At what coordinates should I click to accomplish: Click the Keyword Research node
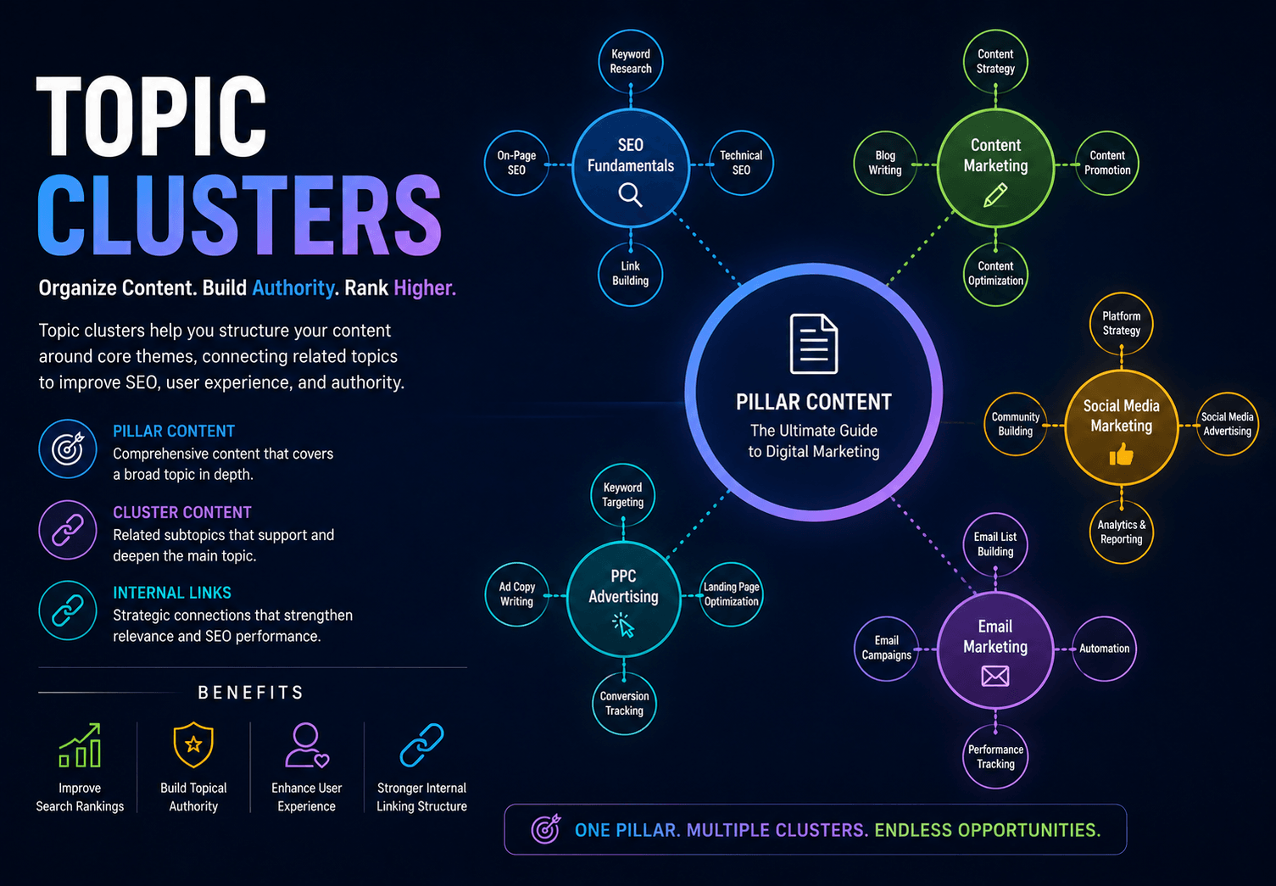[631, 61]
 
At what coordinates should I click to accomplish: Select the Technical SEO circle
[741, 163]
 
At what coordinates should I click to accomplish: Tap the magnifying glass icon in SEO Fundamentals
[631, 195]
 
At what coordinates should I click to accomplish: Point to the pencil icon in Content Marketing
[995, 195]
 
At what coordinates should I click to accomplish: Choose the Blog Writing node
[885, 163]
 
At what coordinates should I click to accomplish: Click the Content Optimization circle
[995, 274]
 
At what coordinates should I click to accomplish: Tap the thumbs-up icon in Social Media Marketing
[1121, 454]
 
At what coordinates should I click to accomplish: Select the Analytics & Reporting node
[1121, 532]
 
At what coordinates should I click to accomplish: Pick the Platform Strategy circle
[1121, 324]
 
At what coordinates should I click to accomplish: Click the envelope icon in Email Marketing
[995, 677]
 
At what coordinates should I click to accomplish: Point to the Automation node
[1105, 649]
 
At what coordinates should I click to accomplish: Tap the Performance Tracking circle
[995, 756]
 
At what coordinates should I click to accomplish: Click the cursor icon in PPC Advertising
[623, 625]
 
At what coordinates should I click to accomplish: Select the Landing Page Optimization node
[732, 594]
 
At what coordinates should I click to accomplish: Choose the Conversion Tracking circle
[624, 704]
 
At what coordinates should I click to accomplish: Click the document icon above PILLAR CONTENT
[813, 343]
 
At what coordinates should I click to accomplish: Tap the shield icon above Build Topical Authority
[193, 744]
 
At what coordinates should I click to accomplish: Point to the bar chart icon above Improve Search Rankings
[80, 745]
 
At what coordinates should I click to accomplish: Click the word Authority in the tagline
[293, 288]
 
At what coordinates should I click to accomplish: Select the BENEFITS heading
[251, 693]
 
